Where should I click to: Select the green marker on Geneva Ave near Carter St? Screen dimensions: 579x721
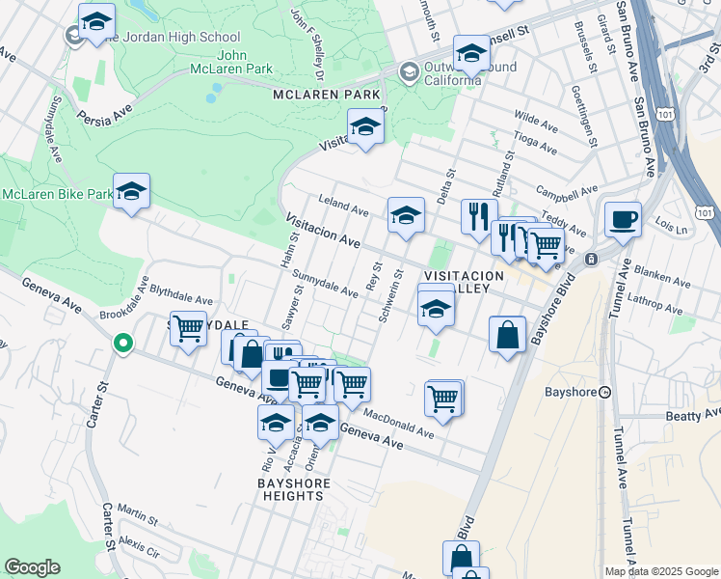(122, 342)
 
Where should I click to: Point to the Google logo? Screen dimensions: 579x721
(32, 567)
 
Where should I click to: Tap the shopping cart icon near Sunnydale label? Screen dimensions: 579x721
(188, 327)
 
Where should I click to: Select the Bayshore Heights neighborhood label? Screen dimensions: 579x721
(296, 489)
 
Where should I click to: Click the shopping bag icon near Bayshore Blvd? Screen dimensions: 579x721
(507, 335)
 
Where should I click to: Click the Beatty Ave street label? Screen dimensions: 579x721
(692, 414)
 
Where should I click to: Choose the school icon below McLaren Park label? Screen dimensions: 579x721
(365, 127)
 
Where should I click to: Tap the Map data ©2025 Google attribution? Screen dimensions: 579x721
(660, 571)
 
